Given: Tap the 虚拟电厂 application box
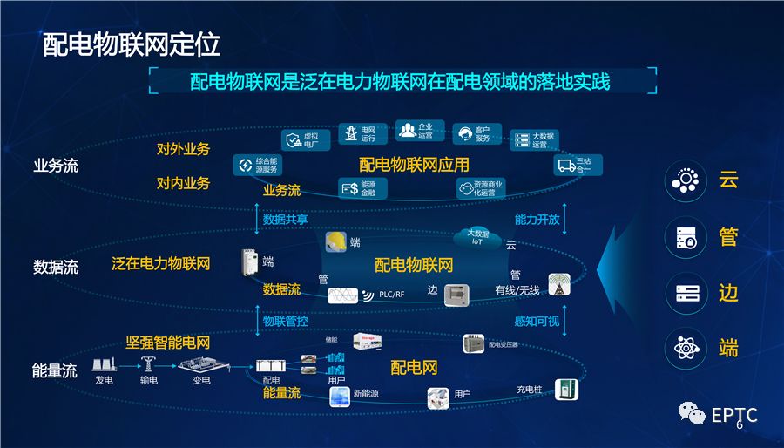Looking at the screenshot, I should tap(306, 140).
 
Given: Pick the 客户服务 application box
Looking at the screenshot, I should tap(476, 134).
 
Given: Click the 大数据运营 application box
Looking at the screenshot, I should tap(534, 140).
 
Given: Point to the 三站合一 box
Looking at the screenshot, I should tap(576, 165).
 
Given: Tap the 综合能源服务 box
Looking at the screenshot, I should tap(258, 165).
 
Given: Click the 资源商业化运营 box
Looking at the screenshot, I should tap(480, 188).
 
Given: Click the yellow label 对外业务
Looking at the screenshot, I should tap(183, 149).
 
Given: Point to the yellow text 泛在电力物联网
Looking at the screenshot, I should tap(160, 262).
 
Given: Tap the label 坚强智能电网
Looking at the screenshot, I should tap(167, 343).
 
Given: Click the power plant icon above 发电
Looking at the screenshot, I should tap(105, 365).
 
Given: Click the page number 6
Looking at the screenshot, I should tap(740, 425).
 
